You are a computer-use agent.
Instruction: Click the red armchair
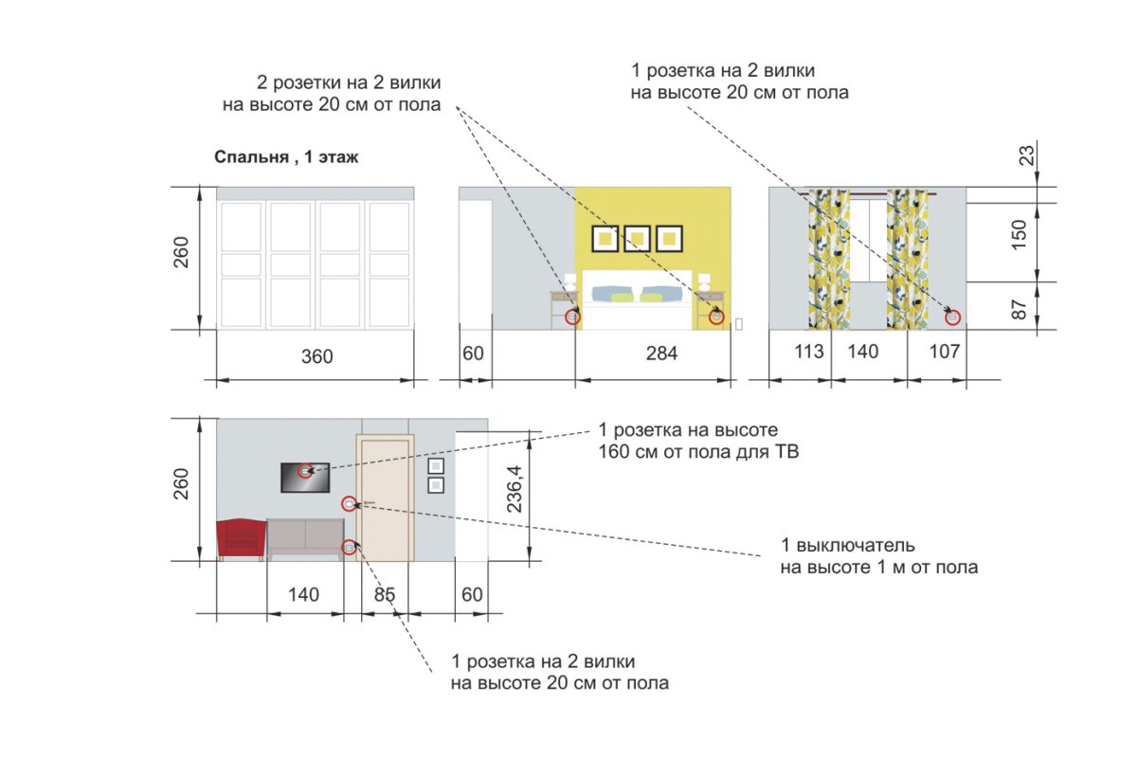241,539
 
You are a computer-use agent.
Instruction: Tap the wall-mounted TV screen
305,478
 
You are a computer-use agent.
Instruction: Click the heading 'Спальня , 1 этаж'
286,157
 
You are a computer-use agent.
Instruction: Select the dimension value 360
317,356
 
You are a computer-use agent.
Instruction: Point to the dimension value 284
661,353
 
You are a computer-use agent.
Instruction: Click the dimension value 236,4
514,489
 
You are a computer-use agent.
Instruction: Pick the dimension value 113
808,352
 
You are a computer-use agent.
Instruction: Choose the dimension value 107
944,352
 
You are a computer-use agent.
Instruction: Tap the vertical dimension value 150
1019,234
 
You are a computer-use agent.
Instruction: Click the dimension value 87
1019,309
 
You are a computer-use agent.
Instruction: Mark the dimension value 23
1026,155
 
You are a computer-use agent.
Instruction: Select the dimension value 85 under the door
385,594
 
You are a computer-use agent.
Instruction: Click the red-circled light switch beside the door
349,504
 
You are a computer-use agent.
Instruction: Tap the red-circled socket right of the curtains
953,317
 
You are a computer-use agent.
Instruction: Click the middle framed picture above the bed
637,238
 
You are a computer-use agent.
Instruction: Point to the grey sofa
305,539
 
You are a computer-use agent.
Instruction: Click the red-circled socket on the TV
305,471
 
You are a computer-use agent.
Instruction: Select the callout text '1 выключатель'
848,545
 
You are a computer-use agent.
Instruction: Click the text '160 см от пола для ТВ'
698,451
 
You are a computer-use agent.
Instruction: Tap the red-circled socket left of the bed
572,317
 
